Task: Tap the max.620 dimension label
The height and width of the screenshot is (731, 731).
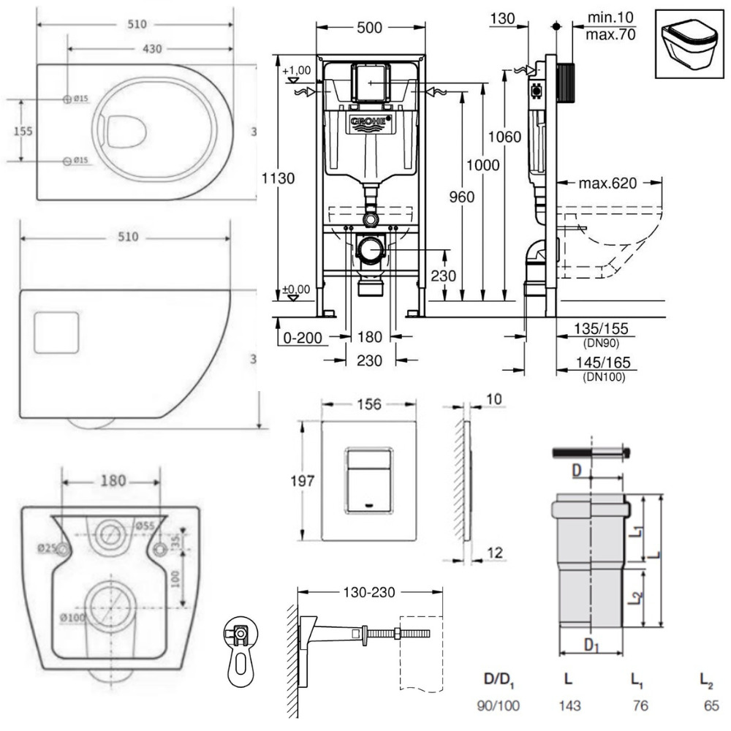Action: pyautogui.click(x=608, y=182)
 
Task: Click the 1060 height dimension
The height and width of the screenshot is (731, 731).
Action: pyautogui.click(x=505, y=136)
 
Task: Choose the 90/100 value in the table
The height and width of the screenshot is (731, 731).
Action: pyautogui.click(x=499, y=708)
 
